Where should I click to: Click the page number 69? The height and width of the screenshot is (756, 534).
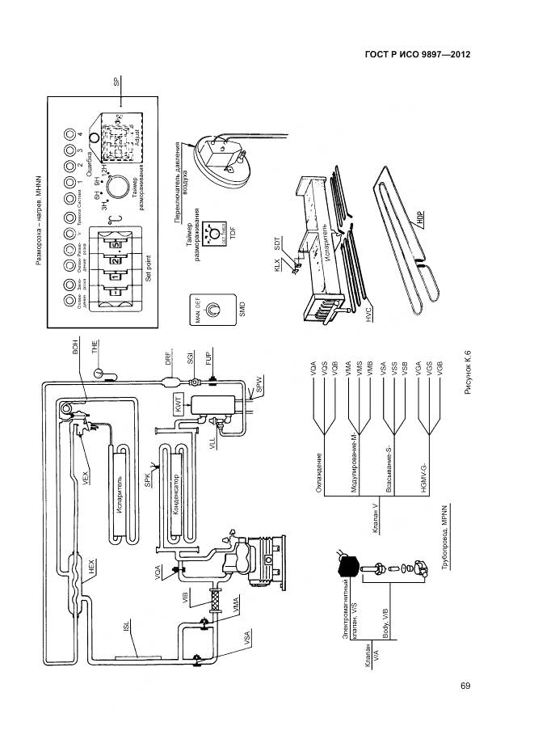click(465, 686)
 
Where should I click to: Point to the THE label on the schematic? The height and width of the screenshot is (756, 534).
click(95, 348)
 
